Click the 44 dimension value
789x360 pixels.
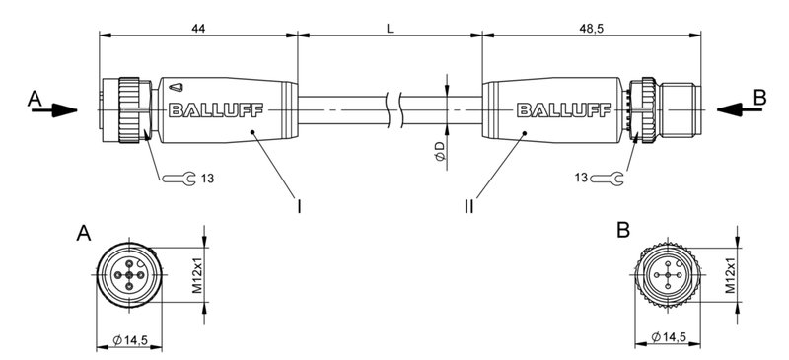coord(198,31)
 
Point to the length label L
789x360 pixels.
coord(391,31)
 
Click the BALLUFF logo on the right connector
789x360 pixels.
coord(554,109)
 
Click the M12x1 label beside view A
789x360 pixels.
coord(196,276)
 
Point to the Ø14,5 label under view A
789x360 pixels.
coord(130,340)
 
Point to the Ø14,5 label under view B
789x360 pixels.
coord(672,340)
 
